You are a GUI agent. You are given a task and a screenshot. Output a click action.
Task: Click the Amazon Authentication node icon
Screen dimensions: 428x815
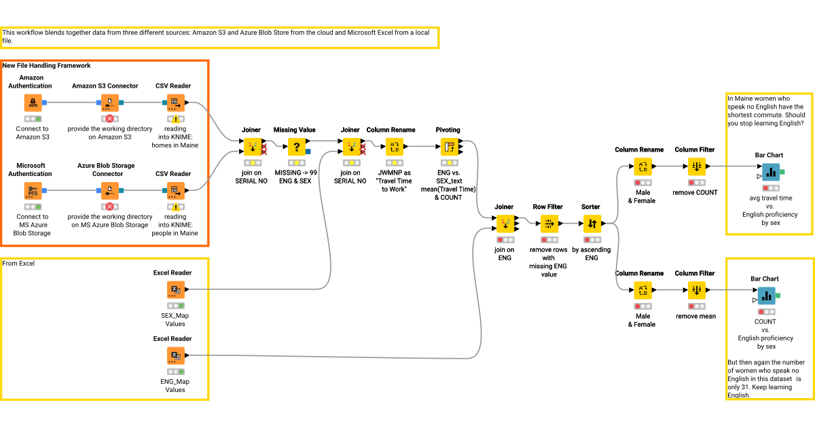33,103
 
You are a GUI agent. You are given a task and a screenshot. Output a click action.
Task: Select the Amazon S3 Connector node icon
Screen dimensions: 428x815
109,103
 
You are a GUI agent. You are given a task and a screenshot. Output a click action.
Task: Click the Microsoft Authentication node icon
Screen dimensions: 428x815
33,191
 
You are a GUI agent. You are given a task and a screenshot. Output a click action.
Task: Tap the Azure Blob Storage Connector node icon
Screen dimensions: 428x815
109,191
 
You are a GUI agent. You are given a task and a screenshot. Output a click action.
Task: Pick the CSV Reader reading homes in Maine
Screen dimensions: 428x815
175,103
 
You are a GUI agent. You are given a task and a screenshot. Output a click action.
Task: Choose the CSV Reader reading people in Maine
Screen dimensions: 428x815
175,191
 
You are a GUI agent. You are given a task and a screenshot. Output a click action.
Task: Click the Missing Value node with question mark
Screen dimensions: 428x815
296,147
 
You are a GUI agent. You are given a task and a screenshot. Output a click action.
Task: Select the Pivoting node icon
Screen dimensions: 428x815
449,147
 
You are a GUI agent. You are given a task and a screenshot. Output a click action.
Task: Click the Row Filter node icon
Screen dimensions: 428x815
548,224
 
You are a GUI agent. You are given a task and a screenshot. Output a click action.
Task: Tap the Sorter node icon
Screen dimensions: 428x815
592,224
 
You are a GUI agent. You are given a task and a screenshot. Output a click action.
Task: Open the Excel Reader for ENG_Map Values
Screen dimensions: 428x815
175,356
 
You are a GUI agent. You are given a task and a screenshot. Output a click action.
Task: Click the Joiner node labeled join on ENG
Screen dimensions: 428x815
505,224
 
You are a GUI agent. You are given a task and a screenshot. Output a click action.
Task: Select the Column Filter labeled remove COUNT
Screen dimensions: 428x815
695,166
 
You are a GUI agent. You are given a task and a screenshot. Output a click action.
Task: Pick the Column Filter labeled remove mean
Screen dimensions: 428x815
695,290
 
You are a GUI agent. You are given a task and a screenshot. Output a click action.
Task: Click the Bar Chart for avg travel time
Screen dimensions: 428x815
769,173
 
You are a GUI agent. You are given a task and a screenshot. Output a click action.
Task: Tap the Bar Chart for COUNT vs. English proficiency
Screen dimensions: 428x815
766,296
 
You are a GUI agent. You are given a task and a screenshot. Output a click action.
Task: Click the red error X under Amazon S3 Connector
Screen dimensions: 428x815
109,119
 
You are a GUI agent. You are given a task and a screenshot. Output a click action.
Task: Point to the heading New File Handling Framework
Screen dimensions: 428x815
46,66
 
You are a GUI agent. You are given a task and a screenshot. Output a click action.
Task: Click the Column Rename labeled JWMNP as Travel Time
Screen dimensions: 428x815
395,147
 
